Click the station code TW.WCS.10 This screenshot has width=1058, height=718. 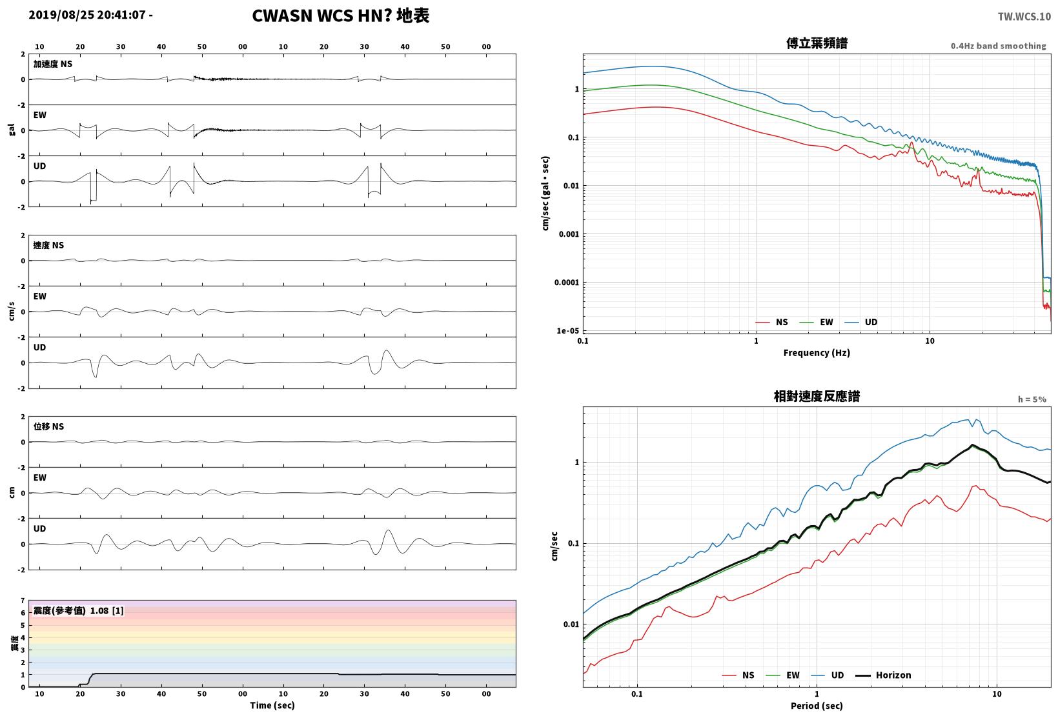1024,17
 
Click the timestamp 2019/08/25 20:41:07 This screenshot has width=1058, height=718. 87,15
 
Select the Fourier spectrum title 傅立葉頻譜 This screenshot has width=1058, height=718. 817,43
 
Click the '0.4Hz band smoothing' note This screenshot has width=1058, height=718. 998,46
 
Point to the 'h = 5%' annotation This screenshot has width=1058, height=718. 1032,399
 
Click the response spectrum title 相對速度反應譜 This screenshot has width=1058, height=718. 817,396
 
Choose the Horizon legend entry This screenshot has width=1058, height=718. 883,675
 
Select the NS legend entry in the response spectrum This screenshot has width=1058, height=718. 738,675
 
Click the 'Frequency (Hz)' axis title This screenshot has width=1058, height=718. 817,353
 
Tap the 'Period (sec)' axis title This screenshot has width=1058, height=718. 817,706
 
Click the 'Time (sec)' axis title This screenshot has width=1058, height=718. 272,705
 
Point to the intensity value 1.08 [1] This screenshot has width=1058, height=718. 107,611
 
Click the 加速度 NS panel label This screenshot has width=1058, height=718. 53,64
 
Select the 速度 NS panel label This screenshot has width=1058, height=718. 48,245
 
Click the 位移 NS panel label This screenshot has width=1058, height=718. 48,426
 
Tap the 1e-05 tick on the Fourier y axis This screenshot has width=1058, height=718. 567,331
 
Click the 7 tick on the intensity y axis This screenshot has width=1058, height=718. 23,601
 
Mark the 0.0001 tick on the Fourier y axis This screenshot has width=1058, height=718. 566,283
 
